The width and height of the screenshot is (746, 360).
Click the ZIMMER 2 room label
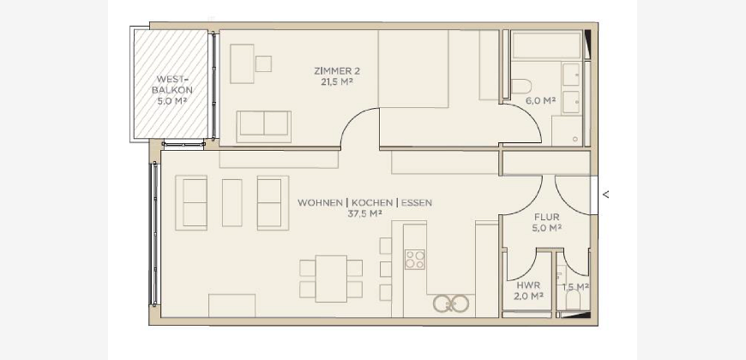337,71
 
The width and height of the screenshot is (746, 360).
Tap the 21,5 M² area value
337,81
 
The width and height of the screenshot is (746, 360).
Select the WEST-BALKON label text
172,84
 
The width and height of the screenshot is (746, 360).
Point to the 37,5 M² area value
365,213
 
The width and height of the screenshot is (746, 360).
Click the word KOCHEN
372,202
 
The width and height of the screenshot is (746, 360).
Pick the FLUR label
547,218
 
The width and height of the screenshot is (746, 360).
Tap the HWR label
528,285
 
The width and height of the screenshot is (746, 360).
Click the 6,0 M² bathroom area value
541,100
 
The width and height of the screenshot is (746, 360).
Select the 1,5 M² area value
575,287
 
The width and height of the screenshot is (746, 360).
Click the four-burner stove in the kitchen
415,259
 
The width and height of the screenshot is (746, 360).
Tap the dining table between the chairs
331,279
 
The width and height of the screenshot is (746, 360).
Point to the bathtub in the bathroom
546,45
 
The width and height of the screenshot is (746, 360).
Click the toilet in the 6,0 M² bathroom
521,87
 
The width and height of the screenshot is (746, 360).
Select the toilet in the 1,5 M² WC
573,299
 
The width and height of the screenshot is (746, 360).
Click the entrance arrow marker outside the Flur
605,195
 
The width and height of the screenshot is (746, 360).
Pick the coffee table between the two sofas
232,202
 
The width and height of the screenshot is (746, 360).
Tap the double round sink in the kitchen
451,303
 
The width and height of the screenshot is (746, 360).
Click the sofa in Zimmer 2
263,127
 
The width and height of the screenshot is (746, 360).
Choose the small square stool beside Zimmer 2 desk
263,63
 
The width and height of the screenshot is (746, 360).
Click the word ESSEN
416,202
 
